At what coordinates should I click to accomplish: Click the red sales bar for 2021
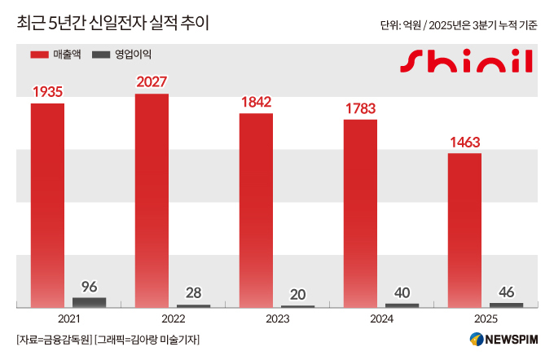47,204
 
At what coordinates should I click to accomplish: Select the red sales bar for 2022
152,200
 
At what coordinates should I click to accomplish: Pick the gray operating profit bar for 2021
90,302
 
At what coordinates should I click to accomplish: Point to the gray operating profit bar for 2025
507,305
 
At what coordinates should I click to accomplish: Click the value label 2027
152,82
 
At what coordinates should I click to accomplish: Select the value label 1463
464,142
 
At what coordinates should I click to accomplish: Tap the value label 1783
360,108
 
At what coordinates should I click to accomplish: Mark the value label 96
90,286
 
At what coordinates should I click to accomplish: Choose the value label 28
194,292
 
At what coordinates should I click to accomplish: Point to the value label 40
402,292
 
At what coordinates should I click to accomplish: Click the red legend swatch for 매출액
39,55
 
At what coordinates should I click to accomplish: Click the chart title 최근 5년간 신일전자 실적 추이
112,24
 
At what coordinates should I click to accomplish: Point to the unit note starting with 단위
459,25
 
